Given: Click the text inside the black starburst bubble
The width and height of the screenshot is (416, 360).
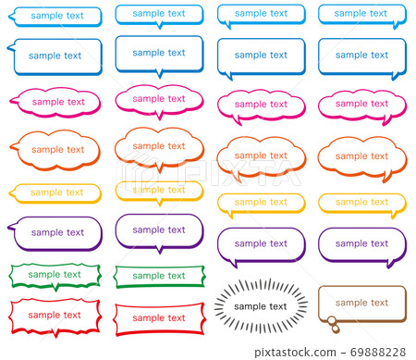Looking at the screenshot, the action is [x=261, y=306].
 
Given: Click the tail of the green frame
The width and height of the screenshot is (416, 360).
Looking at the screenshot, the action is [x=55, y=288].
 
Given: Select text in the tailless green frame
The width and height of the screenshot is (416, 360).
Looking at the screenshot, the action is [x=158, y=276].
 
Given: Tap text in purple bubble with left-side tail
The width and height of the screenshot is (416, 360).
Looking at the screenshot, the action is [x=58, y=232].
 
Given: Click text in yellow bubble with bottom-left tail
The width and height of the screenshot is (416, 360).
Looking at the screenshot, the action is [x=260, y=202].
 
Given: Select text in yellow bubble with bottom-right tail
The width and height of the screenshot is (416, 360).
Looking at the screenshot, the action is [x=361, y=202].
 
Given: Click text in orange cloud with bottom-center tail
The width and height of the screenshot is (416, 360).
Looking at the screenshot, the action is [x=158, y=146].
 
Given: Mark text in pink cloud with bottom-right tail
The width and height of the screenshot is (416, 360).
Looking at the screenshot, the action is [x=361, y=104].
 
